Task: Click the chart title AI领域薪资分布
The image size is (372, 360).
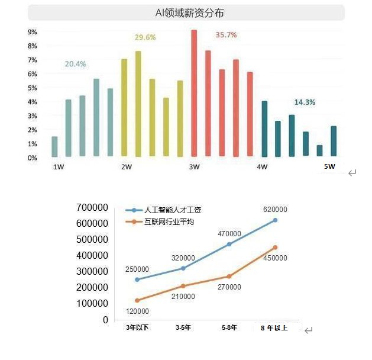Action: (186, 12)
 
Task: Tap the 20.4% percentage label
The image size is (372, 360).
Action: (76, 64)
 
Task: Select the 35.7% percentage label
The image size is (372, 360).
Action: (226, 35)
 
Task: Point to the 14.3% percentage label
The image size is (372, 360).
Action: (305, 102)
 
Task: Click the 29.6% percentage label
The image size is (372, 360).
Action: (145, 37)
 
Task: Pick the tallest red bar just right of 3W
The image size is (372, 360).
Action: (194, 93)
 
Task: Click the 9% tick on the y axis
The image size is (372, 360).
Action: (33, 32)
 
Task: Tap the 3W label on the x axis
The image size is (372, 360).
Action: (194, 167)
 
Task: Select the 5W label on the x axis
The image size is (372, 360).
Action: (329, 166)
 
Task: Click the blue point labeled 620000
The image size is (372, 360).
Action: (275, 220)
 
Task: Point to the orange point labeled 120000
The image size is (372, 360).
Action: (137, 300)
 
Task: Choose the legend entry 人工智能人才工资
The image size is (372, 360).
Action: (169, 210)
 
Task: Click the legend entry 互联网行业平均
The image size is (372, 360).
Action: (169, 222)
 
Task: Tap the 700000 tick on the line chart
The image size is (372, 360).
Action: (92, 207)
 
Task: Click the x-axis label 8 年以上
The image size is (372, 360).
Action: (274, 327)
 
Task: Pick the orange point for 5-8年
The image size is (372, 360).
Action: (229, 277)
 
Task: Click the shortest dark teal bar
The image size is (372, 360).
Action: (319, 150)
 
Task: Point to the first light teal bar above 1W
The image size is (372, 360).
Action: (54, 146)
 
